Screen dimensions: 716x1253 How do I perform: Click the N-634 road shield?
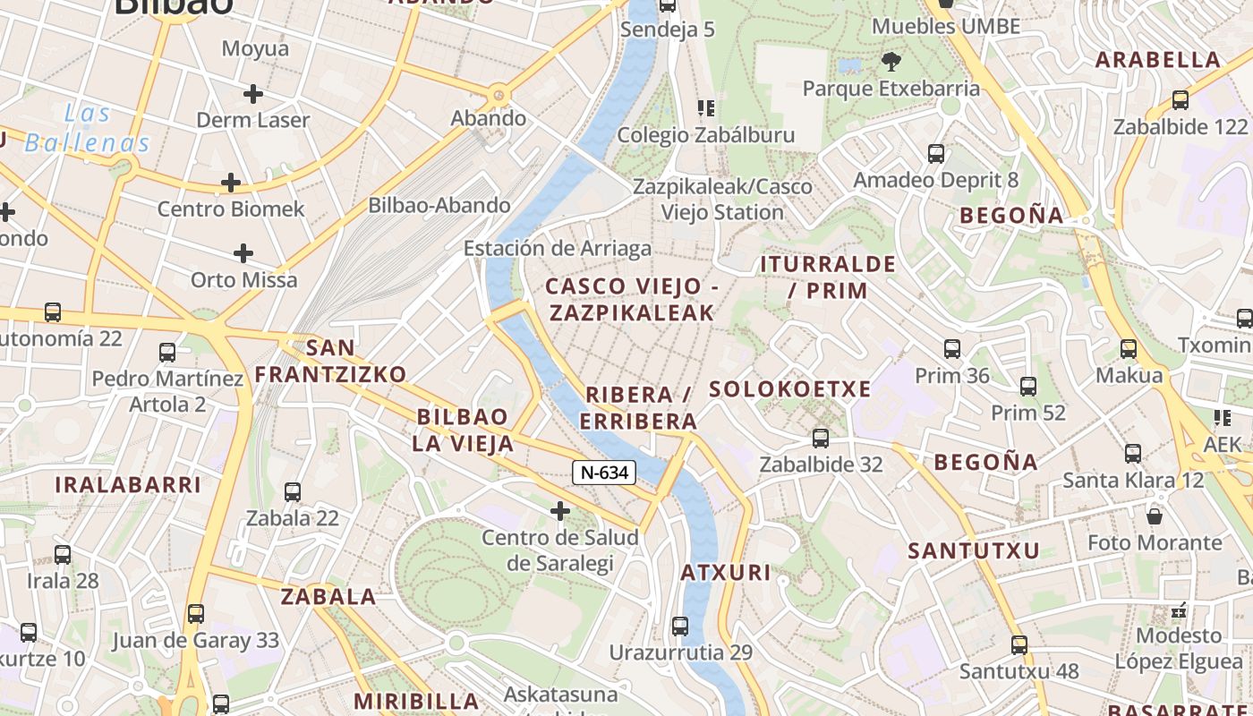[604, 473]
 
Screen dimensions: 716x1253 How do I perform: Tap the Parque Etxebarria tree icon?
[891, 62]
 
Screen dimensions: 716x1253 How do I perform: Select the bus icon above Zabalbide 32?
[821, 439]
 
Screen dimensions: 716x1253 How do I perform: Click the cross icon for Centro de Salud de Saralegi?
[560, 511]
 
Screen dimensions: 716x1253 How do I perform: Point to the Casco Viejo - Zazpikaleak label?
[632, 299]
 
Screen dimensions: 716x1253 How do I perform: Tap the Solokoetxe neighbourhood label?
[789, 389]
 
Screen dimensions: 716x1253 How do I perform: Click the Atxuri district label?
[725, 573]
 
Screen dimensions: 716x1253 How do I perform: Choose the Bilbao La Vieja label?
[463, 430]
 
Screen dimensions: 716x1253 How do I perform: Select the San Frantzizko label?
[330, 361]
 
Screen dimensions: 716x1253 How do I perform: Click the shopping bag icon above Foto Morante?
[1155, 516]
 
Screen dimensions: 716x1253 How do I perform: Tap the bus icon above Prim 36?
[952, 349]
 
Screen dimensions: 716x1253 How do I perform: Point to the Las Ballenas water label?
[87, 128]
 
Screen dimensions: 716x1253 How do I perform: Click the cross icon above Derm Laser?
[253, 93]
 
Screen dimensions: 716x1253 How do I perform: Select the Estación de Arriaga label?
[557, 248]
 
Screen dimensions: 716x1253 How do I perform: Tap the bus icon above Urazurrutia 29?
[680, 626]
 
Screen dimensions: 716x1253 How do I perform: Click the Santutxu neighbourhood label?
[974, 550]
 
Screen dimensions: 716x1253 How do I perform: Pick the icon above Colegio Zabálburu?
[706, 108]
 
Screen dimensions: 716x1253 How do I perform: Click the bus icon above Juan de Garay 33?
[196, 614]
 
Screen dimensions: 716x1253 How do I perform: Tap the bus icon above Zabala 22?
[293, 491]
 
